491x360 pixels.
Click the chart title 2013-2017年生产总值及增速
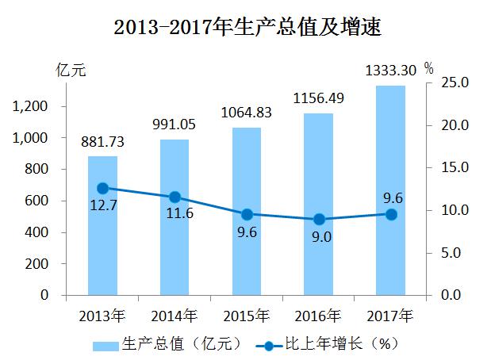pos(247,29)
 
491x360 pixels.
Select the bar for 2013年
pos(102,238)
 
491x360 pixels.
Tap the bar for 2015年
pos(247,254)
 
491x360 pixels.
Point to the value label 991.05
pos(175,124)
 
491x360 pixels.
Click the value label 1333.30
pos(390,71)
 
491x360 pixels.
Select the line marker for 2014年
pos(175,197)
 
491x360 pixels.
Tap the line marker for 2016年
pos(319,219)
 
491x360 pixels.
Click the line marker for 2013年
pos(102,188)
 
